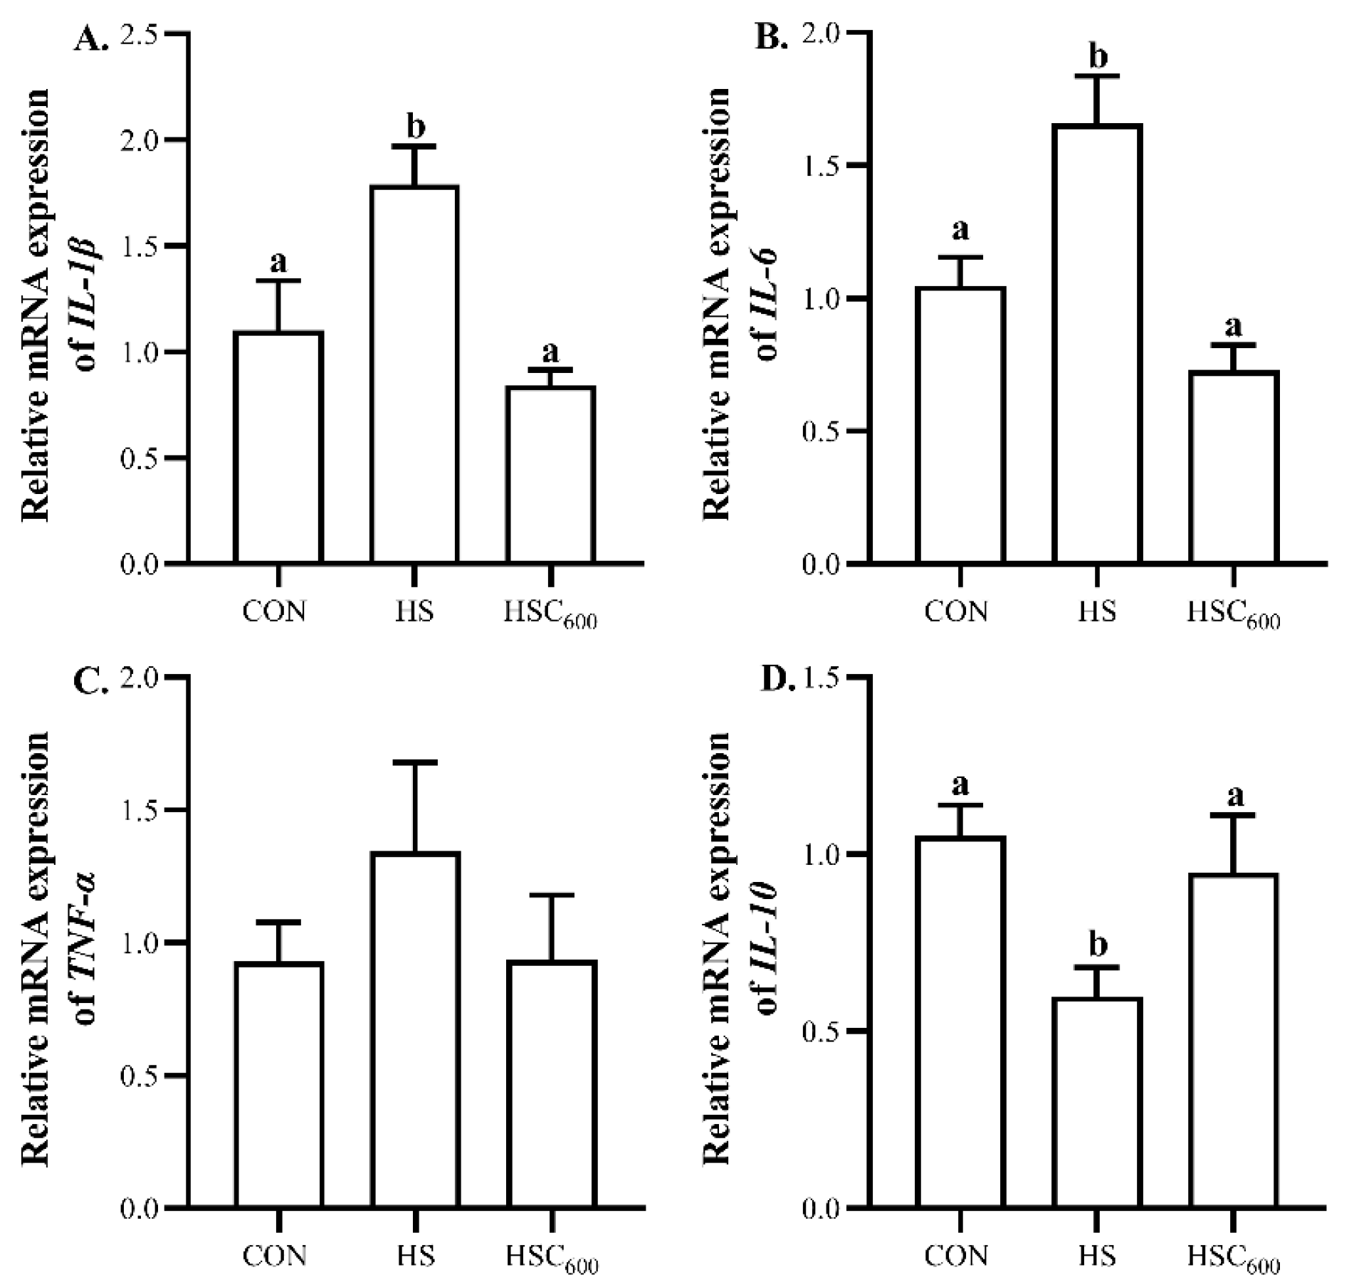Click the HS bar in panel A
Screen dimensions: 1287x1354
tap(414, 374)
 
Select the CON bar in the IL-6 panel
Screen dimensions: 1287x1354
tap(960, 425)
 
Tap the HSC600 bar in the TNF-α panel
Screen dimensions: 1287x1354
tap(552, 1083)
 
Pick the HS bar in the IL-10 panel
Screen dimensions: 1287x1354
tap(1097, 1102)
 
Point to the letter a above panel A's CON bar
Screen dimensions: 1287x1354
tap(278, 263)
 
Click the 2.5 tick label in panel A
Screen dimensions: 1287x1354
tap(142, 34)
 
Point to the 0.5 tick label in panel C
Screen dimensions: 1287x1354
tap(142, 1076)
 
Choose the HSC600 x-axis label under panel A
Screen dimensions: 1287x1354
tap(550, 614)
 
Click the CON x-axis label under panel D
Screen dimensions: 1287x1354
tap(956, 1256)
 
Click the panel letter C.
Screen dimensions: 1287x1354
tap(90, 681)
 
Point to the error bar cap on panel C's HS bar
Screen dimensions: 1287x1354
tap(415, 762)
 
